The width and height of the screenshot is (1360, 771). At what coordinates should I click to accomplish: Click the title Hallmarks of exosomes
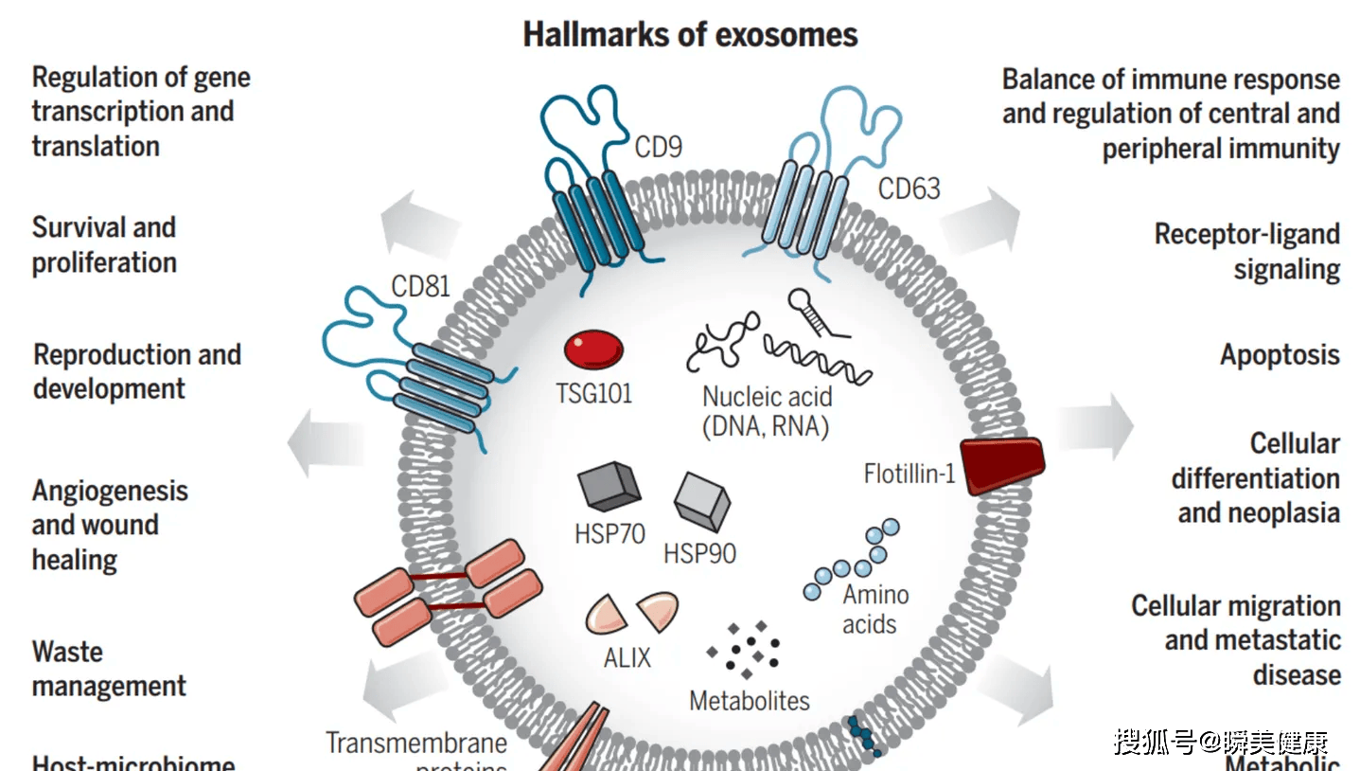click(x=690, y=35)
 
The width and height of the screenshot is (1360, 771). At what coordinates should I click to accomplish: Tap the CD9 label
click(x=658, y=147)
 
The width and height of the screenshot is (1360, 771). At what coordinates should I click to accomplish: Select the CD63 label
click(x=909, y=188)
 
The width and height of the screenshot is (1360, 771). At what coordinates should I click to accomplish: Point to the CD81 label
click(x=420, y=286)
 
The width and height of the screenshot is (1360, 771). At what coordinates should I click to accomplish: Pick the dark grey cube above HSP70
click(x=609, y=487)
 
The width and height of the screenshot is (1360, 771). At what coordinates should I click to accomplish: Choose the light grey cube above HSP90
click(x=702, y=500)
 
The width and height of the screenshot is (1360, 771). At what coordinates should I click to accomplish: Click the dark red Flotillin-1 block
click(x=1003, y=464)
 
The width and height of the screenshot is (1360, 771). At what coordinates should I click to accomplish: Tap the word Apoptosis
click(x=1280, y=355)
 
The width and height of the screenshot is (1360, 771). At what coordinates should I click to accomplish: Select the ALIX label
click(x=627, y=657)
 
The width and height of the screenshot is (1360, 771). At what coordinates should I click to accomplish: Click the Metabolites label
click(x=750, y=701)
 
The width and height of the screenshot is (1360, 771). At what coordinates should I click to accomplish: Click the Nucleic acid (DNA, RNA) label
click(x=766, y=411)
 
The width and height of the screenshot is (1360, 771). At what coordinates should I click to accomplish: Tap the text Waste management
click(x=109, y=669)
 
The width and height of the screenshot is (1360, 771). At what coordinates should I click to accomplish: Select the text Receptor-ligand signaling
click(x=1246, y=251)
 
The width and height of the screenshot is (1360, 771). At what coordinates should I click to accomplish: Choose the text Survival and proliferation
click(x=104, y=244)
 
